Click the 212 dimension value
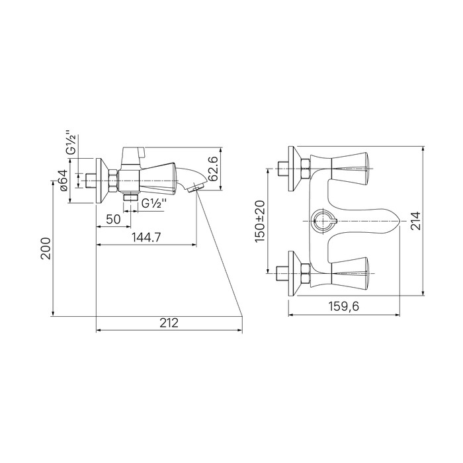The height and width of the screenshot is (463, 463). (169, 323)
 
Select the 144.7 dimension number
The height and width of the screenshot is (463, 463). (146, 237)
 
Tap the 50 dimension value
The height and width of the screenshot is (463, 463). (113, 220)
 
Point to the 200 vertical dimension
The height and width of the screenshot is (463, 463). (46, 248)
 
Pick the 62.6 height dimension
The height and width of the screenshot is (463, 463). (213, 169)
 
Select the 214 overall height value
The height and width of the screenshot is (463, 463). (415, 220)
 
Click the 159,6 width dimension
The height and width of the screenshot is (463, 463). (344, 306)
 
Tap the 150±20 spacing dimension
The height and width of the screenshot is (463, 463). (260, 221)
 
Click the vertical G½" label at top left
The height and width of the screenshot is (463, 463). (71, 142)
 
